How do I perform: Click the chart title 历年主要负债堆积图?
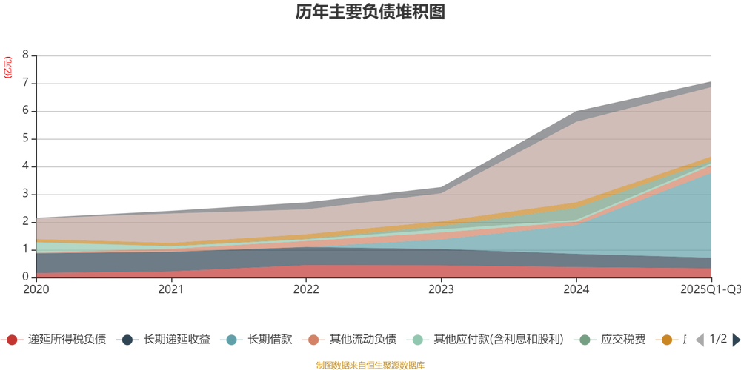click(x=370, y=13)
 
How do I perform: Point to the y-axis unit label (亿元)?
click(x=9, y=67)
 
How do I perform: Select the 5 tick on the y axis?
click(x=26, y=139)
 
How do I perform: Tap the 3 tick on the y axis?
click(x=26, y=195)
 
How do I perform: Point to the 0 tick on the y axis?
click(x=26, y=277)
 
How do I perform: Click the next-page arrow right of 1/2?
click(x=736, y=340)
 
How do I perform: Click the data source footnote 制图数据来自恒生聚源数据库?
click(x=370, y=365)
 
